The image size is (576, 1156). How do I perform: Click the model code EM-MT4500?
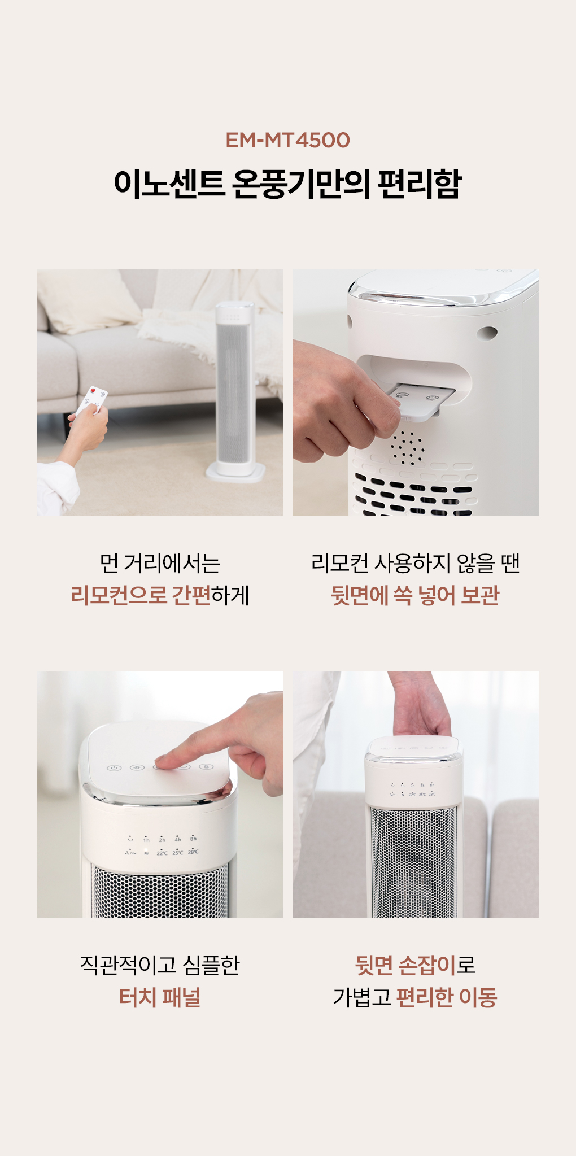pos(287,140)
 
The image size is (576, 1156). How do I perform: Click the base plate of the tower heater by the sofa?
pos(235,472)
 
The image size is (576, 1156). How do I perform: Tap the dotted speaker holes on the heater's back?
pos(407,447)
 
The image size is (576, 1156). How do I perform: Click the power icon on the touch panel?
pos(115,767)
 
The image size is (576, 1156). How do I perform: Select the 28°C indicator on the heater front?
pos(193,852)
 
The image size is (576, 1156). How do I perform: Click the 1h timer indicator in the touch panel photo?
pos(146,839)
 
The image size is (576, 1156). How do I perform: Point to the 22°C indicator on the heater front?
pos(162,852)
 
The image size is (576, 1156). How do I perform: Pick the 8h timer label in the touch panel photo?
pos(193,839)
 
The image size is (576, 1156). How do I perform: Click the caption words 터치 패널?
pos(160,997)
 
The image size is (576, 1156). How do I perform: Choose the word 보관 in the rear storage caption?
pos(480,595)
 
